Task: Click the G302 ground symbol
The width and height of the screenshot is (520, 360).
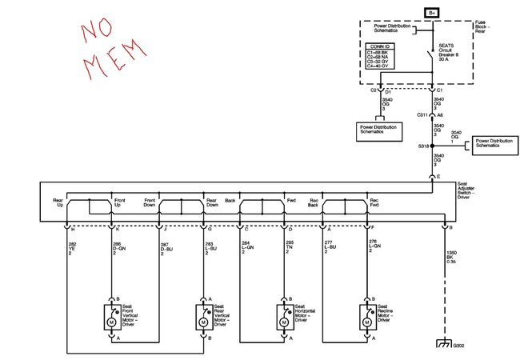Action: click(x=445, y=345)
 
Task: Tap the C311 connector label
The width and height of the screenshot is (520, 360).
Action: click(x=423, y=115)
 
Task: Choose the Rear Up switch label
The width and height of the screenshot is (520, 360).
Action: click(x=58, y=203)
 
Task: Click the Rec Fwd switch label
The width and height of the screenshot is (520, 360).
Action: click(x=373, y=203)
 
